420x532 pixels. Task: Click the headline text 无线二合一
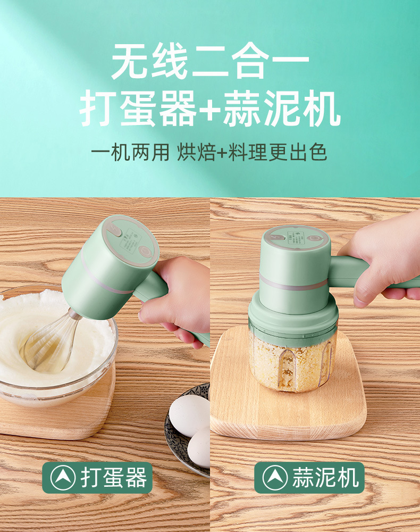(x=210, y=62)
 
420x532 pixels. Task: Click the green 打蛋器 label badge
(x=97, y=478)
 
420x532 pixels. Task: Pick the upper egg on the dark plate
(x=189, y=415)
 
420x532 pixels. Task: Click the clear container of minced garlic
(x=292, y=362)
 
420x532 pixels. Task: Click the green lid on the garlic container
(x=292, y=319)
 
